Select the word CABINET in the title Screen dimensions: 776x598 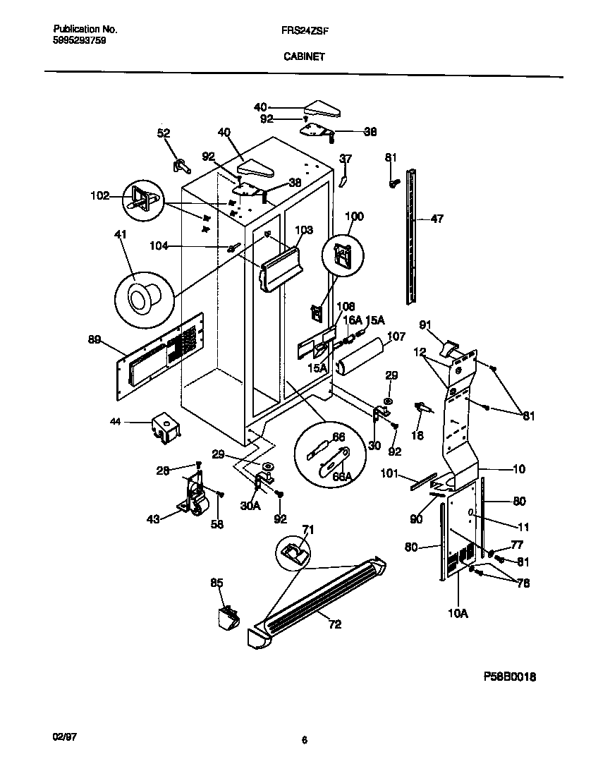click(x=304, y=58)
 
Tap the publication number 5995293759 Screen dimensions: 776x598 click(x=80, y=41)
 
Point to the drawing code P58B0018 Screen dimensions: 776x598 click(x=510, y=676)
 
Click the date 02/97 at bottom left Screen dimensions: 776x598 click(x=65, y=736)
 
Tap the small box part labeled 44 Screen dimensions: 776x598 click(x=164, y=428)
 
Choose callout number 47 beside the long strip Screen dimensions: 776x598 click(x=437, y=219)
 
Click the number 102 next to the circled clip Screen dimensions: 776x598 click(x=99, y=196)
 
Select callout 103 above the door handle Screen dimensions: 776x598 click(x=303, y=229)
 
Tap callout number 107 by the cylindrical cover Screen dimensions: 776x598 click(x=396, y=337)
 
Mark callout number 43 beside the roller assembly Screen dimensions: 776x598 click(x=152, y=518)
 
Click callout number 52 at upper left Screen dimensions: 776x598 click(x=164, y=133)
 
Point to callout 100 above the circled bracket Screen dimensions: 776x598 click(x=355, y=216)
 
